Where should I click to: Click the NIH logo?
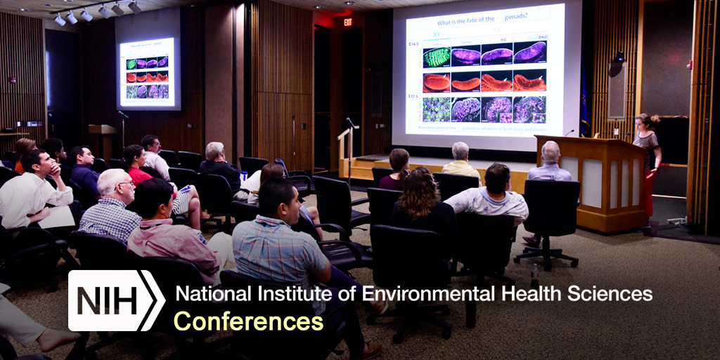(116, 300)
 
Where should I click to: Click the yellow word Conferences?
(248, 321)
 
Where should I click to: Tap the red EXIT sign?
(347, 22)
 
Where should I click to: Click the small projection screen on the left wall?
(147, 73)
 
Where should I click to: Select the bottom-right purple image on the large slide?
(529, 109)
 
